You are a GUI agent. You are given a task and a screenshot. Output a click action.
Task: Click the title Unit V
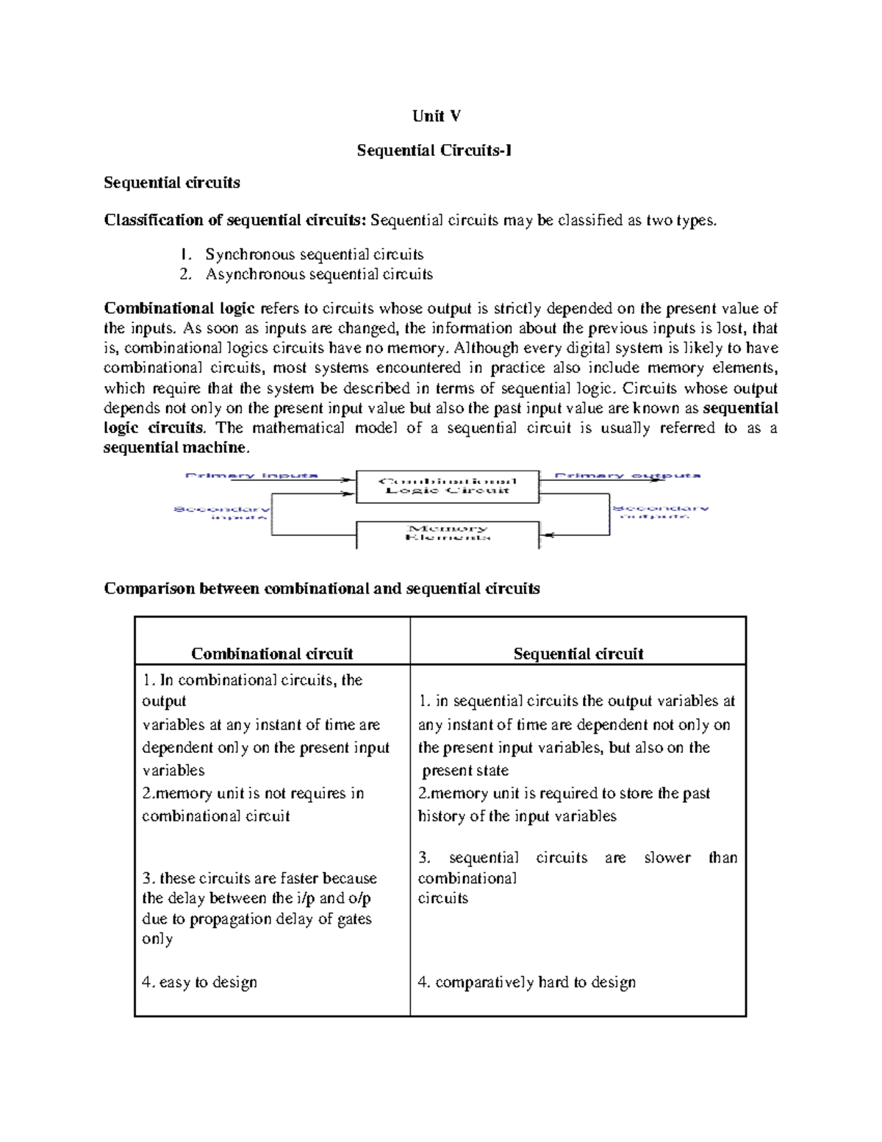(437, 116)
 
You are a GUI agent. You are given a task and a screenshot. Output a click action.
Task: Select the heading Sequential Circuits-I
(434, 151)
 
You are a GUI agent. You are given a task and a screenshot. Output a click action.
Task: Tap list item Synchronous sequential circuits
(314, 254)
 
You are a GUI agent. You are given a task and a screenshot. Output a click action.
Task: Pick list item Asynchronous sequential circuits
(318, 274)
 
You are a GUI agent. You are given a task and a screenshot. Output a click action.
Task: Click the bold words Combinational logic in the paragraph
(179, 308)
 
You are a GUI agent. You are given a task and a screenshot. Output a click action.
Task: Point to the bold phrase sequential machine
(176, 447)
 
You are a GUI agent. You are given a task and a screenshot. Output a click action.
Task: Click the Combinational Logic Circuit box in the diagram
(447, 486)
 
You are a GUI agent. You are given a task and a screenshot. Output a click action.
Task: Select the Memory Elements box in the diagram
(447, 533)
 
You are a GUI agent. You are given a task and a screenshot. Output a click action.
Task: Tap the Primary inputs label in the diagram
(251, 476)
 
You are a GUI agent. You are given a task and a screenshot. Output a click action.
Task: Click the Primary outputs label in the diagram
(627, 476)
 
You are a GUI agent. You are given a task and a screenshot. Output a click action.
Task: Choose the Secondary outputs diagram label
(660, 512)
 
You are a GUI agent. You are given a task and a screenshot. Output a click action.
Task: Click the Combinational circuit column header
(272, 654)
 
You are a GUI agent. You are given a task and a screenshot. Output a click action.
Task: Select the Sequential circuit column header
(578, 654)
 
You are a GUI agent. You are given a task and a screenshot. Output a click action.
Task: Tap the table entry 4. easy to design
(199, 982)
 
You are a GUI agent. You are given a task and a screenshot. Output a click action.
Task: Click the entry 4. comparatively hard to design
(526, 982)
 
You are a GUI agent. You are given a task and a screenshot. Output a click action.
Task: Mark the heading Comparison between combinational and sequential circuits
(322, 588)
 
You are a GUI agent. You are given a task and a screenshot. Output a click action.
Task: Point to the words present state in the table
(465, 771)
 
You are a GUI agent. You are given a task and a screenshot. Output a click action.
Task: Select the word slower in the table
(667, 857)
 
